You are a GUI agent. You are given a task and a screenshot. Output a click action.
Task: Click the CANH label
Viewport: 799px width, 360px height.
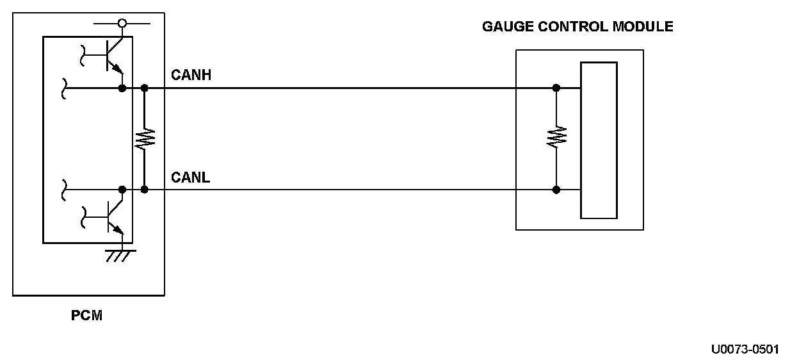[191, 76]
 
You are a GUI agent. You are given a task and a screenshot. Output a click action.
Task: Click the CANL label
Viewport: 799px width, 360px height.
[190, 177]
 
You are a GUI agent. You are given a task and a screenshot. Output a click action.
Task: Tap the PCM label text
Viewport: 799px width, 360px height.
[86, 316]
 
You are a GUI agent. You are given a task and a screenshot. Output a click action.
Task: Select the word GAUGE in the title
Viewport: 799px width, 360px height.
[504, 27]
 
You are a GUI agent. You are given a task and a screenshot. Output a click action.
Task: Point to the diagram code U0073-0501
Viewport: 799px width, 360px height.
[745, 349]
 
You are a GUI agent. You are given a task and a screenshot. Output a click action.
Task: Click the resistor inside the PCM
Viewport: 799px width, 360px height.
[145, 138]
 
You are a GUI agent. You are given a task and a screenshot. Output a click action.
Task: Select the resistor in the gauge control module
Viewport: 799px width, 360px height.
[556, 137]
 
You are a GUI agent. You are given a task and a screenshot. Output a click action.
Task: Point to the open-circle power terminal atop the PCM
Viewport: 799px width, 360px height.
[122, 24]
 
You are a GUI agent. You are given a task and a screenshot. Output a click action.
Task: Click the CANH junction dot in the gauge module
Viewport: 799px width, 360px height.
[556, 88]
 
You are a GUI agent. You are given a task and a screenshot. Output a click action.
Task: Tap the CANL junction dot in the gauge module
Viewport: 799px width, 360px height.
[556, 190]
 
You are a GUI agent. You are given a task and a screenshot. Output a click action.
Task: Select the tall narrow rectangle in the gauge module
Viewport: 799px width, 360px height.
[599, 140]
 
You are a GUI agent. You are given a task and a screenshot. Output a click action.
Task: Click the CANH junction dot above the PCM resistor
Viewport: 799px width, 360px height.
[145, 88]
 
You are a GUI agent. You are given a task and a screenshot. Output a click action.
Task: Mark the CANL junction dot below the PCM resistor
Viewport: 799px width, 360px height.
[145, 190]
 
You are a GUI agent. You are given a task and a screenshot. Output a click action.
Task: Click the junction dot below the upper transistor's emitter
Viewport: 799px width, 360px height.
[122, 88]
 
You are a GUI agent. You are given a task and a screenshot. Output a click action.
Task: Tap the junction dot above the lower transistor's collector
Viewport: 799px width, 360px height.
[122, 190]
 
